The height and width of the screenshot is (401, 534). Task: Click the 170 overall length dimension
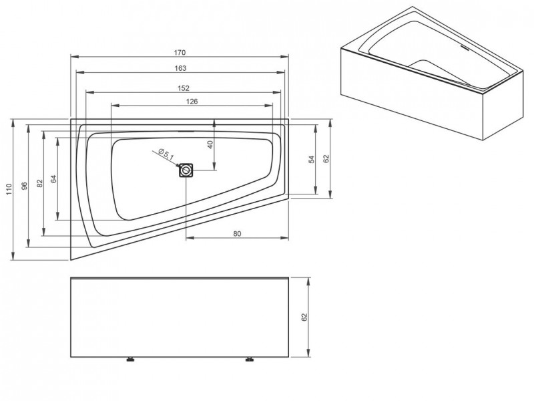[x=180, y=53]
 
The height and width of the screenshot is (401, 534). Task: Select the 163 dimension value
[x=180, y=68]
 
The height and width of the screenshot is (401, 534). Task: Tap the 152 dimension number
[x=183, y=88]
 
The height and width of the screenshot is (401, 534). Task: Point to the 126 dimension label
[x=192, y=102]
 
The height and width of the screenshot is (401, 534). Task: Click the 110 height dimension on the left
[x=9, y=189]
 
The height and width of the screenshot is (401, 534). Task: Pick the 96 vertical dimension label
[x=24, y=186]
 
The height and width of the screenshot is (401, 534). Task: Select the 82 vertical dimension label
[x=40, y=183]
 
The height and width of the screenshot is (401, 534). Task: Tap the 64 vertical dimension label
[x=54, y=178]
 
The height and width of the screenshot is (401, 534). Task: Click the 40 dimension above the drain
[x=210, y=144]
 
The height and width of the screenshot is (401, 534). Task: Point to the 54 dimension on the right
[x=312, y=159]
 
